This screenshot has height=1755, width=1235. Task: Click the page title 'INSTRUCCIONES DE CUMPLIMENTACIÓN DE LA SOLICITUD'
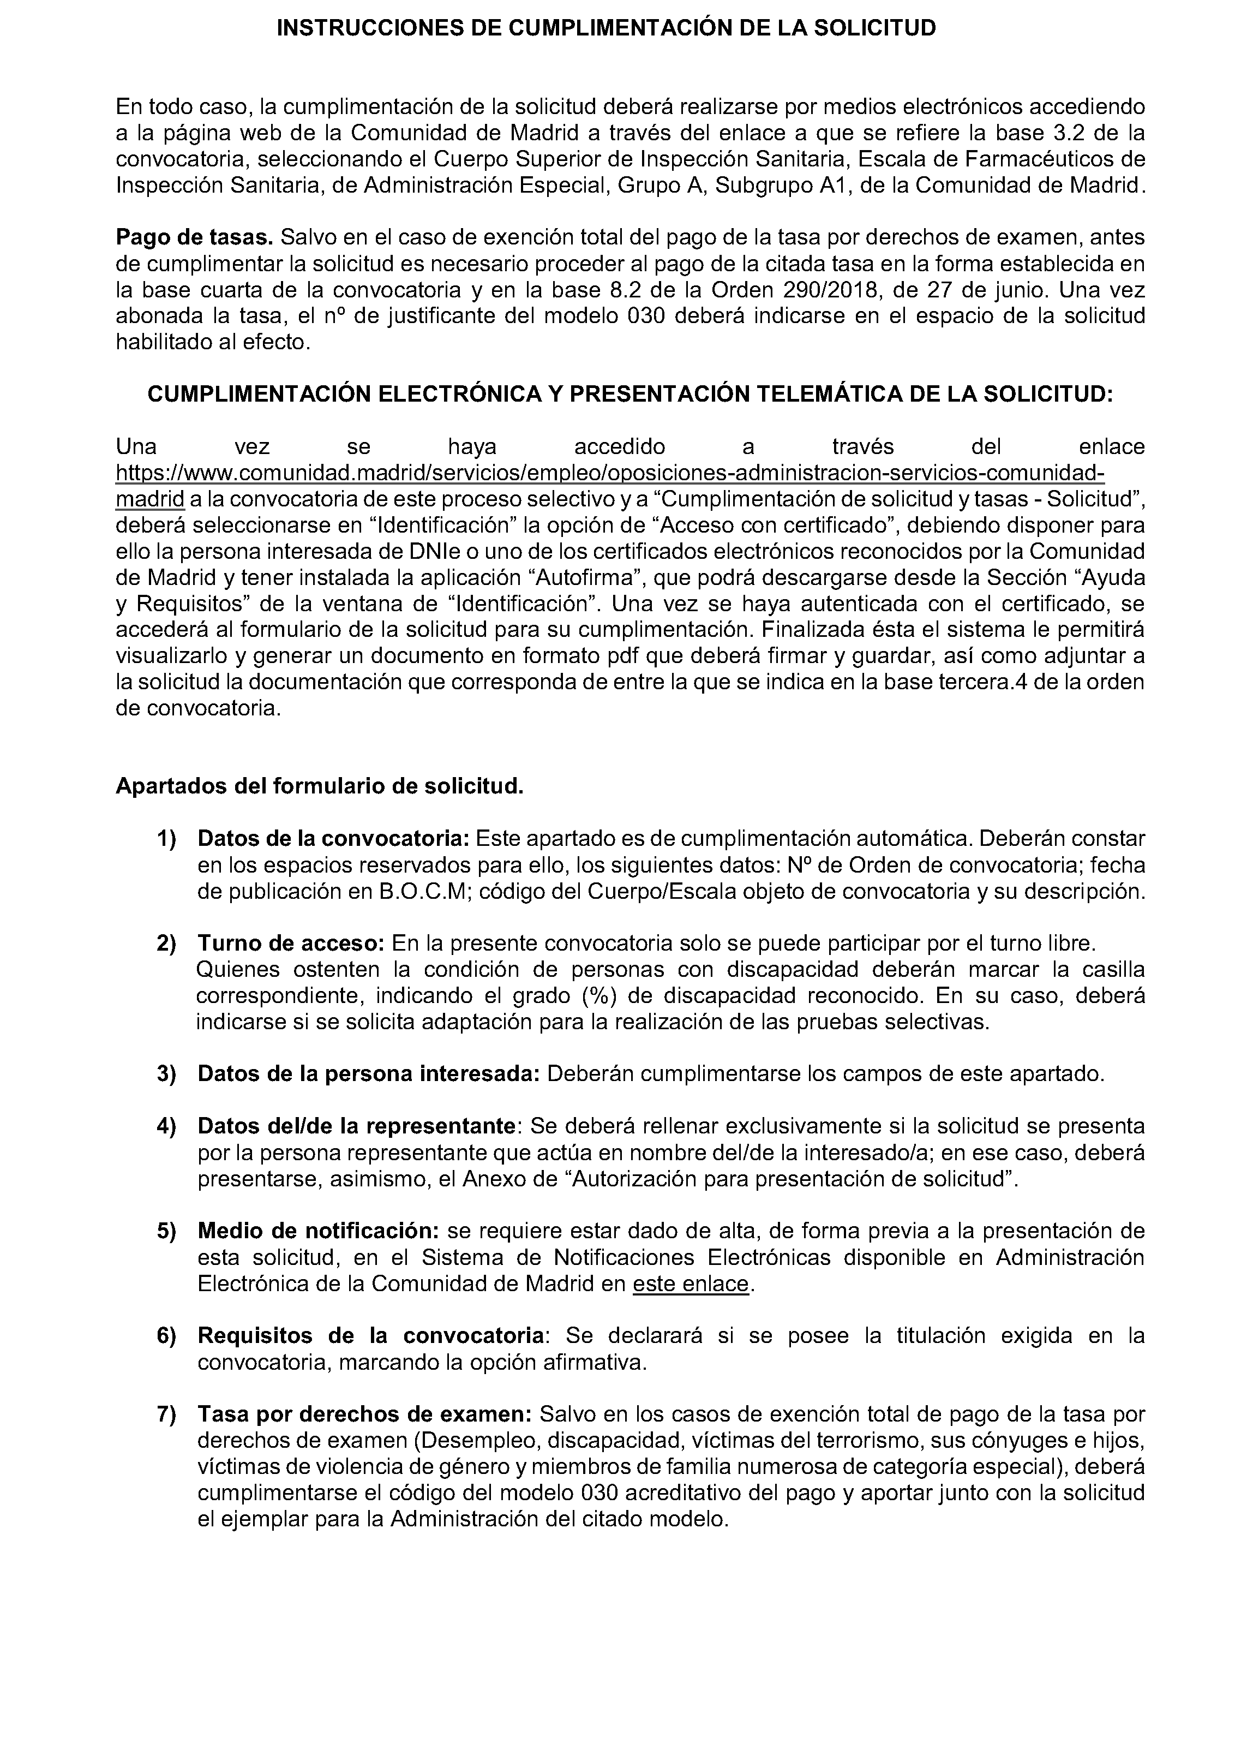coord(606,29)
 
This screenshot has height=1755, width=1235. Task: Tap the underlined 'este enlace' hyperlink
coord(690,1284)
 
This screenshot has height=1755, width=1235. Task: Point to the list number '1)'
coord(166,839)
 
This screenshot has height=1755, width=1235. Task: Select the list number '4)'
coord(166,1126)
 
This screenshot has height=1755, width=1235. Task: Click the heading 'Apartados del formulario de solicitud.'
coord(320,786)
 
